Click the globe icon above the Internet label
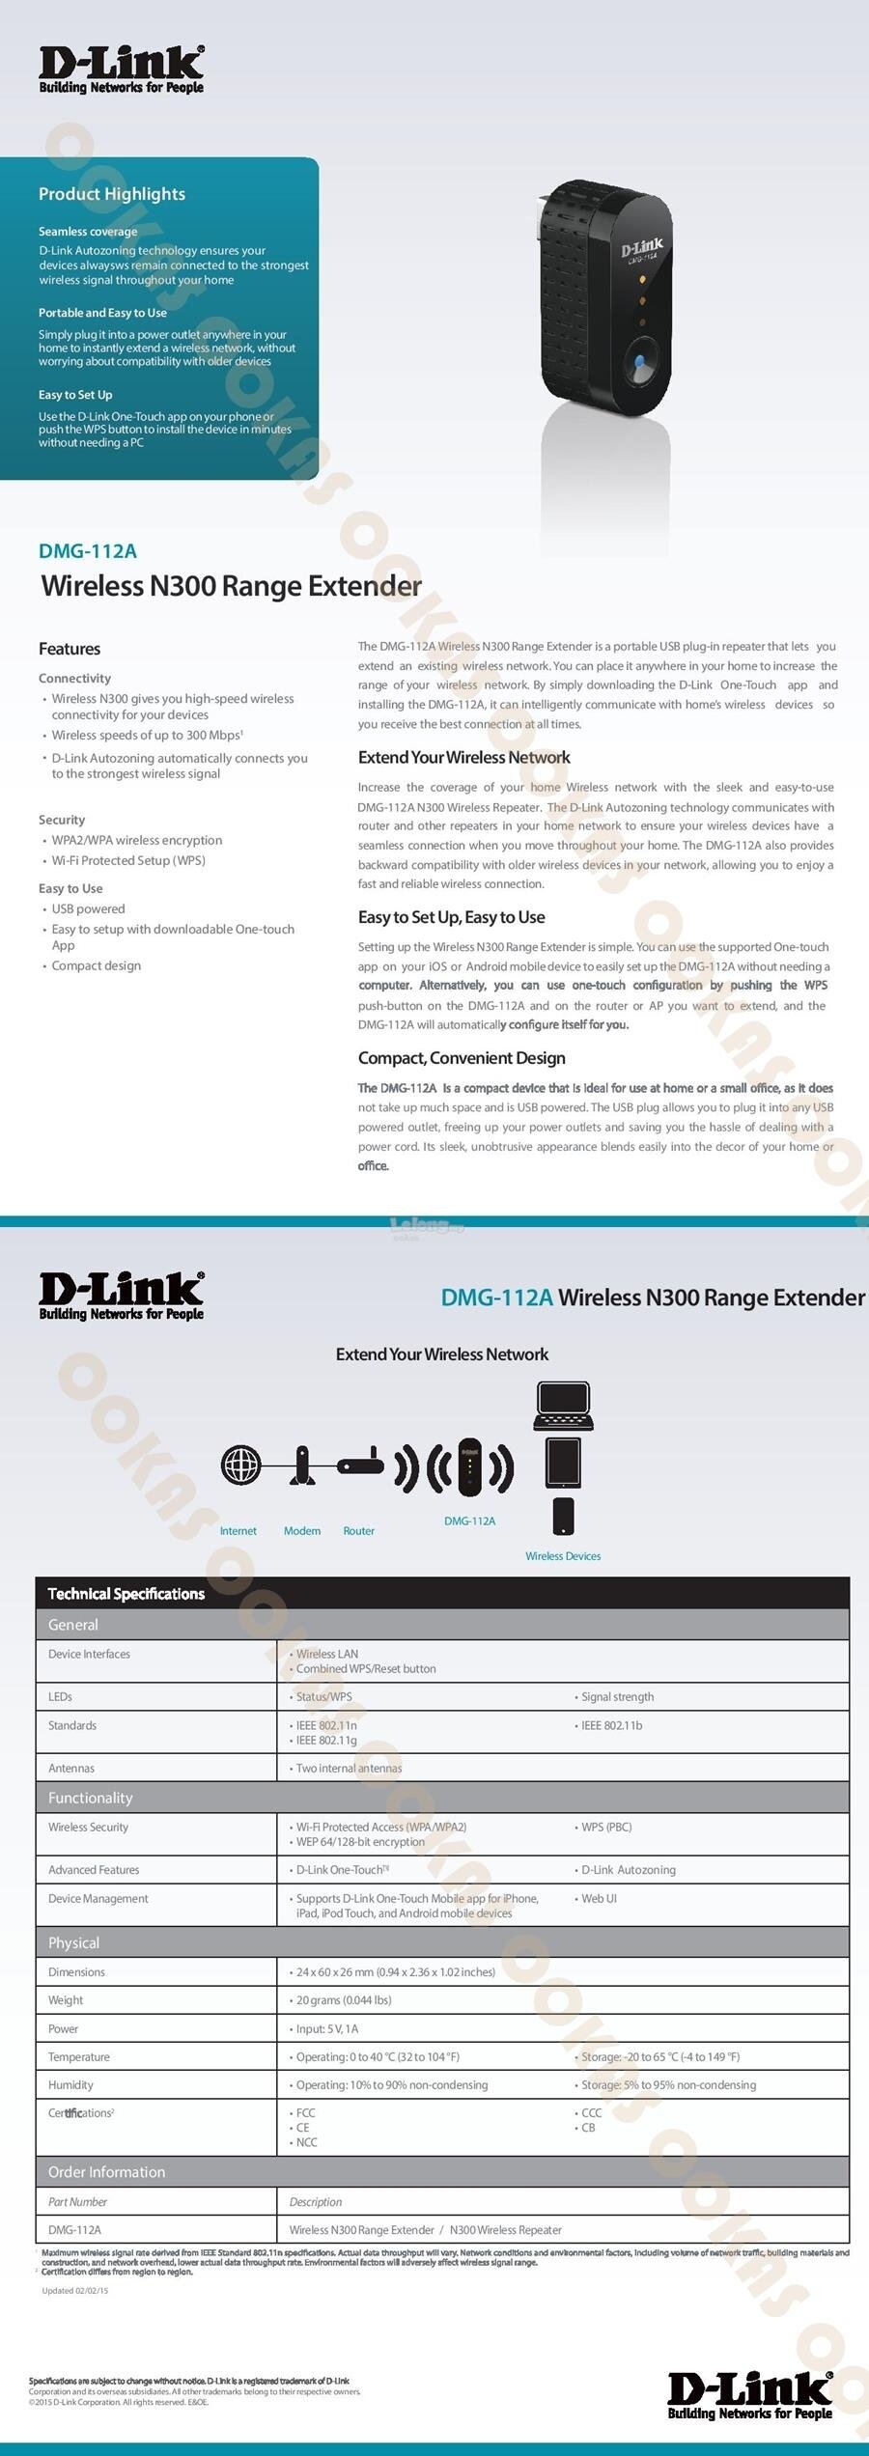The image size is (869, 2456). (240, 1465)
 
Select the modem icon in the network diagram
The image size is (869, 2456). (302, 1465)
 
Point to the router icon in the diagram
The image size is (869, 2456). (360, 1465)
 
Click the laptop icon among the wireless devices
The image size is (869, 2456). (563, 1406)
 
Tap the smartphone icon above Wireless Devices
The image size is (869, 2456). (564, 1516)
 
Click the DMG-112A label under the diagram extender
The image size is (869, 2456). (469, 1521)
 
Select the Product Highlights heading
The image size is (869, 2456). (112, 194)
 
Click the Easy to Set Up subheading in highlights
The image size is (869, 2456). (75, 395)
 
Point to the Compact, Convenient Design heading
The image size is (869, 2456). (462, 1058)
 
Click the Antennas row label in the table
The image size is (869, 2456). (71, 1768)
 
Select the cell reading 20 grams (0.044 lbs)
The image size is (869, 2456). (344, 1999)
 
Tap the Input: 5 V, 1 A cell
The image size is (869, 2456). (327, 2028)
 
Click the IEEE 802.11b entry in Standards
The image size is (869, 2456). (611, 1725)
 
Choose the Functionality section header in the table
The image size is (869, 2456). (91, 1798)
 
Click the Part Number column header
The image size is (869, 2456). (77, 2201)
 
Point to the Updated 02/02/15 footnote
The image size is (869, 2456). (75, 2290)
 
